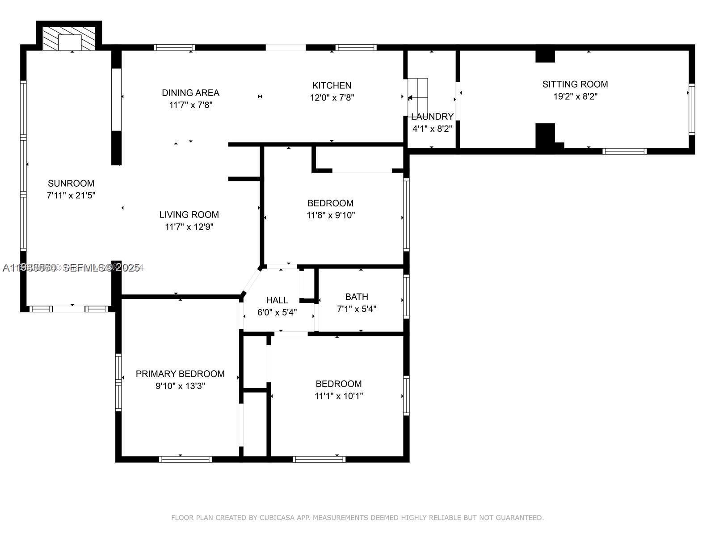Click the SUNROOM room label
[71, 183]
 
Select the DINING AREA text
[190, 93]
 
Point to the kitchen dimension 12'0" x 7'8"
[332, 97]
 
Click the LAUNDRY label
[432, 117]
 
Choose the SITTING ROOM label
[575, 84]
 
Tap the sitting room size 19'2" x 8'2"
[575, 96]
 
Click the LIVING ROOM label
[189, 214]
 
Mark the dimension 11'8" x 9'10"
[331, 215]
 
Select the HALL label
[277, 300]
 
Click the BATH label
[357, 297]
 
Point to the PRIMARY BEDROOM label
[180, 374]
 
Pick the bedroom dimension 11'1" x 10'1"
[339, 396]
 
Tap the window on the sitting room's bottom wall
[624, 151]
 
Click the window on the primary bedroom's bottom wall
[185, 459]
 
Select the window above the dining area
[174, 47]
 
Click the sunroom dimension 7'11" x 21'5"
[71, 196]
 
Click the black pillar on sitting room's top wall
[545, 56]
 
